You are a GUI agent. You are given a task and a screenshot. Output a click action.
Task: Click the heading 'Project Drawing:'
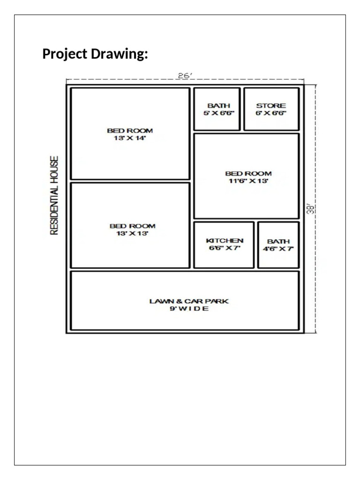(95, 54)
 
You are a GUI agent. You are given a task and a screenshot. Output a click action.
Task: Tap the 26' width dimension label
(185, 75)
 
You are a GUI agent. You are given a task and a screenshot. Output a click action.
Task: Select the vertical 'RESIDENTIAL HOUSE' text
(54, 195)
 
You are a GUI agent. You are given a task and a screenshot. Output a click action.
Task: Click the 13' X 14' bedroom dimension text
(130, 138)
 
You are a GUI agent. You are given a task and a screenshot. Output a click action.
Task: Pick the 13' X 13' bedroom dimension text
(132, 233)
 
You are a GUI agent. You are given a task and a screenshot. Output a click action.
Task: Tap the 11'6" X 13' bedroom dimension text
(248, 181)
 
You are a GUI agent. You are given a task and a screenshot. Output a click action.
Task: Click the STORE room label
(271, 106)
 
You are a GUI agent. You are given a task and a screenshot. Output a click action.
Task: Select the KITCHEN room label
(225, 241)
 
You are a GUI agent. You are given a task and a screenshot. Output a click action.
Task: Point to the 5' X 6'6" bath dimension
(219, 113)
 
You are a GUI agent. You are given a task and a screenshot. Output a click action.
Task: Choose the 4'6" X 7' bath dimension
(278, 249)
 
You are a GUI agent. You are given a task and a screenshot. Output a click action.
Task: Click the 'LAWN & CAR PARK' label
(189, 301)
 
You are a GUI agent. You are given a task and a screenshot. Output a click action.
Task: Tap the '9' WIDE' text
(189, 308)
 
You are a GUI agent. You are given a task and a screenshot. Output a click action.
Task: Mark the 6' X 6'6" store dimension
(271, 113)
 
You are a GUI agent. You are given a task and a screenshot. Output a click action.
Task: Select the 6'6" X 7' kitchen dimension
(225, 248)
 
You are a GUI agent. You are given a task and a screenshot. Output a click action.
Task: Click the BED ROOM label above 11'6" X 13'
(248, 173)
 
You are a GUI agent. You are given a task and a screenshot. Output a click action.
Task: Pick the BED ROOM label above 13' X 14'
(130, 131)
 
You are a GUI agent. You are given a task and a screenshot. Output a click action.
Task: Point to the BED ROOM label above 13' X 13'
(133, 226)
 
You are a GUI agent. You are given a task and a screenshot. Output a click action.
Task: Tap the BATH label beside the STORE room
(219, 106)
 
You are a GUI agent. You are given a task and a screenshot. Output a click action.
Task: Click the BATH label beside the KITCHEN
(278, 241)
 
